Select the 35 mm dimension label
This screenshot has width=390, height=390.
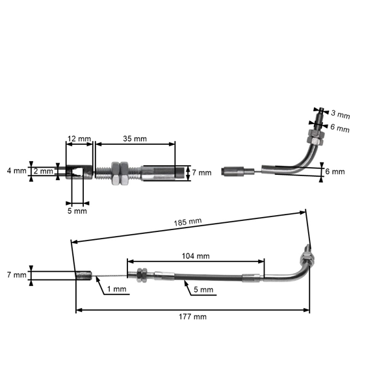click(135, 139)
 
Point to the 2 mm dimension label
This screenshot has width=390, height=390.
click(44, 172)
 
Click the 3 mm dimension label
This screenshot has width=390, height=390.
click(340, 115)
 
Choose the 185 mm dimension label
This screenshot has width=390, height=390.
click(188, 222)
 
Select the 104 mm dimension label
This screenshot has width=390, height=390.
click(196, 255)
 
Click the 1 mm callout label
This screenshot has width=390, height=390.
click(118, 289)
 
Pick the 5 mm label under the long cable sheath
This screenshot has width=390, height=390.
click(203, 289)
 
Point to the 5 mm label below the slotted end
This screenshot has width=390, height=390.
click(77, 211)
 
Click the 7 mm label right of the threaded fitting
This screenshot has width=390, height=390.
click(202, 173)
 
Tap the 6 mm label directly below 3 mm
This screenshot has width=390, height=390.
click(340, 129)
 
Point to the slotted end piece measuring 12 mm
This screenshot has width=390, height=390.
click(79, 172)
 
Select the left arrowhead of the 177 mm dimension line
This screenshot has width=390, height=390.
click(78, 309)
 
